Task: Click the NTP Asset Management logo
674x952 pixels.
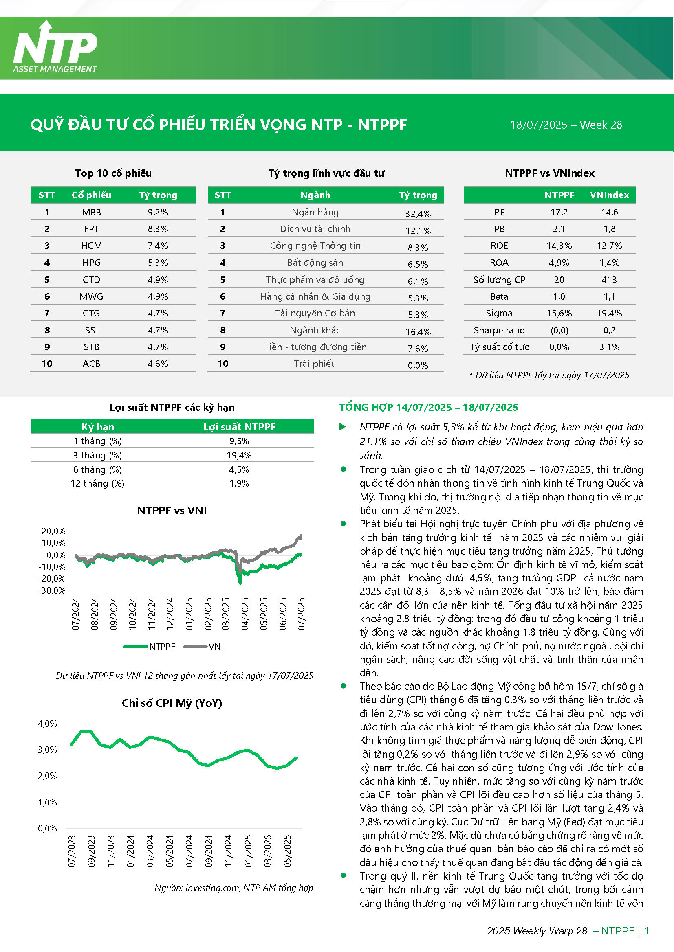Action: pos(55,47)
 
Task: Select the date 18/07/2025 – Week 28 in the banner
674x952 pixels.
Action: pos(566,125)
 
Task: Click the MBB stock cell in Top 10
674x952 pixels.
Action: pos(91,212)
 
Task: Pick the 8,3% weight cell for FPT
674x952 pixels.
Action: pos(158,229)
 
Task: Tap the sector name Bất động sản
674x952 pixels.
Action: pos(315,263)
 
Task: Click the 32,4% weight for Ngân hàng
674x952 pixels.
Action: pos(418,214)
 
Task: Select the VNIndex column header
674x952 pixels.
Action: pos(609,195)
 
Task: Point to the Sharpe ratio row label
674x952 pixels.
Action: pos(499,331)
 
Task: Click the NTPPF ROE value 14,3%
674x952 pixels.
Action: pos(559,246)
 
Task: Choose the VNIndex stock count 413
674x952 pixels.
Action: pos(609,280)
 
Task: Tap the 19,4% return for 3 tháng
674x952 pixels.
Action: pos(239,456)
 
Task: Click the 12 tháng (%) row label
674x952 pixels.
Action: pos(97,483)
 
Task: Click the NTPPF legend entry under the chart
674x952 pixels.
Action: pos(150,647)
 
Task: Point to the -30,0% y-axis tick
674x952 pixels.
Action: pos(52,591)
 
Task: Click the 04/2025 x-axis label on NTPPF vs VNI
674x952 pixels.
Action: pos(245,614)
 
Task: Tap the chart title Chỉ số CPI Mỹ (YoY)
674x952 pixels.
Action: pos(172,703)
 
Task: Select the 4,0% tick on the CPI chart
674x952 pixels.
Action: pos(47,724)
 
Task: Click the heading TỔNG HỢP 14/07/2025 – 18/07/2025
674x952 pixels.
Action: pos(429,408)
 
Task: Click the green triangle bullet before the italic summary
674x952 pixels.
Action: pos(343,427)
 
